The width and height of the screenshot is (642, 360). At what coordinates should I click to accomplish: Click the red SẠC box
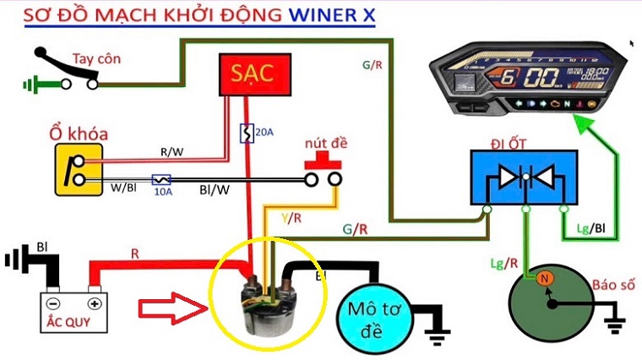coord(254,74)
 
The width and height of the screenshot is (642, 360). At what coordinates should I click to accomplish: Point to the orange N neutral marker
coord(544,278)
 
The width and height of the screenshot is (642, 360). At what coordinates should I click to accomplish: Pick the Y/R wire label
coord(290,218)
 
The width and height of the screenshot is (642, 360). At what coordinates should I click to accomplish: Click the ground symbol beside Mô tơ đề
coord(437,335)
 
